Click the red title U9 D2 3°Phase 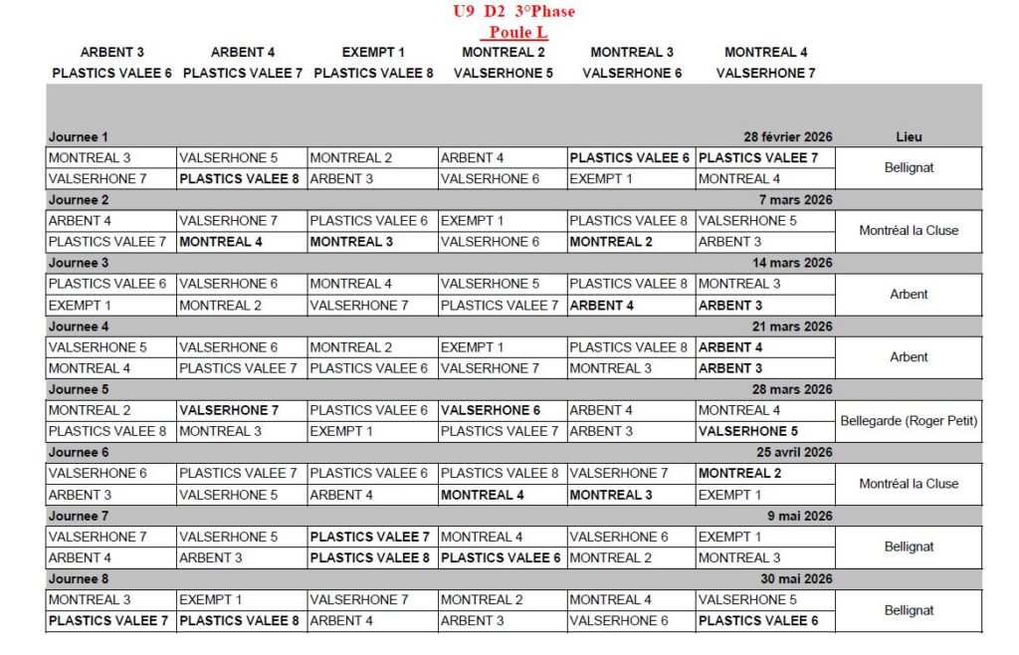click(513, 12)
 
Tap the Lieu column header click(909, 136)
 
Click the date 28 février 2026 click(788, 136)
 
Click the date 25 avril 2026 click(793, 452)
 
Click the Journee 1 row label click(79, 136)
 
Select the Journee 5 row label click(79, 389)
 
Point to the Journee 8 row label click(79, 578)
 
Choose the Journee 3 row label click(79, 263)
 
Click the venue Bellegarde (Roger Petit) click(909, 420)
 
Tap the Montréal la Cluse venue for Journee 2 click(909, 230)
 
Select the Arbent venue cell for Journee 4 click(909, 356)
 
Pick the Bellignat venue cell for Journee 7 click(909, 546)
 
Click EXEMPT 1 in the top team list click(373, 52)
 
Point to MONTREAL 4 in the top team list click(765, 52)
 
